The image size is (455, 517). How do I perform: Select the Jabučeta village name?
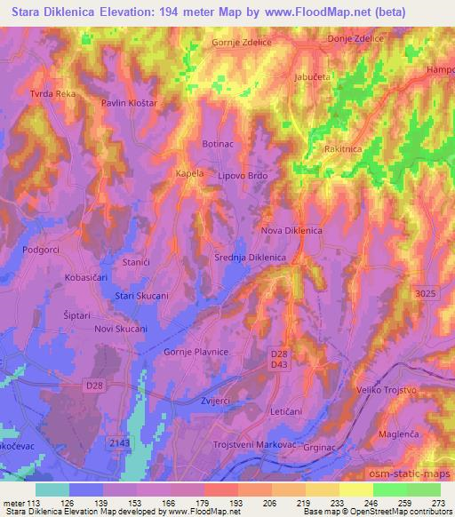click(x=312, y=78)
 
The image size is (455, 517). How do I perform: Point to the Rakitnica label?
click(x=343, y=149)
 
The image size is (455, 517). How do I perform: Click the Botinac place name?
click(x=218, y=144)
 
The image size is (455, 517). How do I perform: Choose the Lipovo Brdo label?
click(x=243, y=176)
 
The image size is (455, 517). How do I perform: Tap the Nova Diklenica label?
click(x=291, y=231)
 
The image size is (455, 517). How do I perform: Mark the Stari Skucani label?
click(x=142, y=295)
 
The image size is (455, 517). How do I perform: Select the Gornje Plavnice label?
click(x=197, y=353)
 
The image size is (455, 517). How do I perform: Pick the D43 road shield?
click(x=278, y=365)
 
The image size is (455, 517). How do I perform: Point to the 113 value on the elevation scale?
click(x=36, y=503)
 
